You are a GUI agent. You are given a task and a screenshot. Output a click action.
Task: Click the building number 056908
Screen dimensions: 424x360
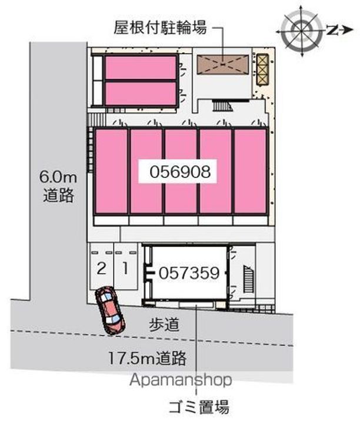pyautogui.click(x=176, y=171)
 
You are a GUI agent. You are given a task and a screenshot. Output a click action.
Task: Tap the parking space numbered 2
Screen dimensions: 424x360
pyautogui.click(x=102, y=269)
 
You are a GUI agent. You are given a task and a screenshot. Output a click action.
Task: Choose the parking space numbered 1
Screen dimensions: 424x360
pyautogui.click(x=125, y=269)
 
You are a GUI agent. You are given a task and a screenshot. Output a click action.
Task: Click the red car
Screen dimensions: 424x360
pyautogui.click(x=109, y=309)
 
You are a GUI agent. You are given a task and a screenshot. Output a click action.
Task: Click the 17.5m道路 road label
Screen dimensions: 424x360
pyautogui.click(x=147, y=356)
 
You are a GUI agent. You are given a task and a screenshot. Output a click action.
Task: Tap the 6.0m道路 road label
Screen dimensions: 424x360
pyautogui.click(x=58, y=186)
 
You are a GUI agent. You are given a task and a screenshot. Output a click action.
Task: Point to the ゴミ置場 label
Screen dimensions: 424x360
pyautogui.click(x=196, y=406)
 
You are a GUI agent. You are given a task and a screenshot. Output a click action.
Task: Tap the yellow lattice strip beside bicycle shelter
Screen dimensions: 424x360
pyautogui.click(x=262, y=69)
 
